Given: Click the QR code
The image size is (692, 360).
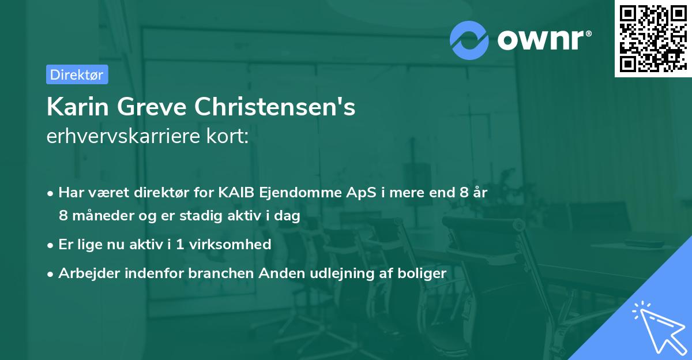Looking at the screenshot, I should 653,39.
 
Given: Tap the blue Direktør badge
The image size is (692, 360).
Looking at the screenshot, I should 77,74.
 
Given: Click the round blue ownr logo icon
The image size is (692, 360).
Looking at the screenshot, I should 469,40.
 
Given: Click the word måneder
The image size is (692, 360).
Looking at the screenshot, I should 99,216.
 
